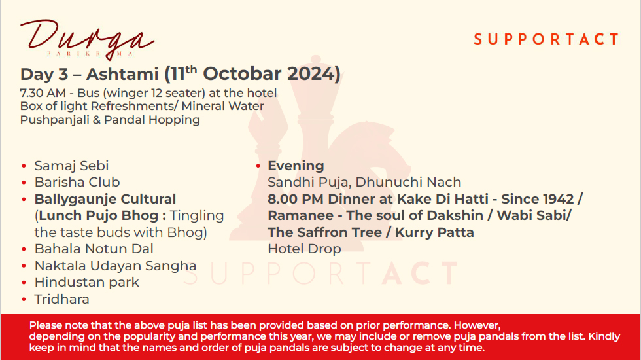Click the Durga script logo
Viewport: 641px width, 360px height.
(x=87, y=39)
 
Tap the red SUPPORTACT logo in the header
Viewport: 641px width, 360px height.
(x=546, y=39)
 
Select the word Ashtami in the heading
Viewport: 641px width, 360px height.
(x=122, y=74)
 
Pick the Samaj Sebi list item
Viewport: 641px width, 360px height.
(x=71, y=166)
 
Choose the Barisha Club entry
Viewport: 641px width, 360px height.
(x=77, y=182)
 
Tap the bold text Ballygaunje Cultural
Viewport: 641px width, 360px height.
(x=105, y=199)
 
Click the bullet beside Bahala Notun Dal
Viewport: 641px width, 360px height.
(x=24, y=249)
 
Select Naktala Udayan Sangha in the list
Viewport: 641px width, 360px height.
(x=115, y=266)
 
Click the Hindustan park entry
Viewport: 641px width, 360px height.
(x=86, y=282)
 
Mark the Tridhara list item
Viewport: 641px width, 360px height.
(x=61, y=299)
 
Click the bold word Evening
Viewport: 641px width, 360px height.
(x=296, y=166)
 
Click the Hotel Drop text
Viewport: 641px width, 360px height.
(x=304, y=249)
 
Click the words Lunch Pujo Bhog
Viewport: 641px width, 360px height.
(x=99, y=215)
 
